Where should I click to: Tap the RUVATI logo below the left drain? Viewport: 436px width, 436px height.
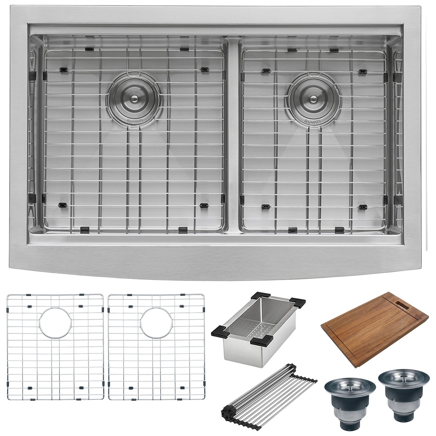pyautogui.click(x=134, y=120)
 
